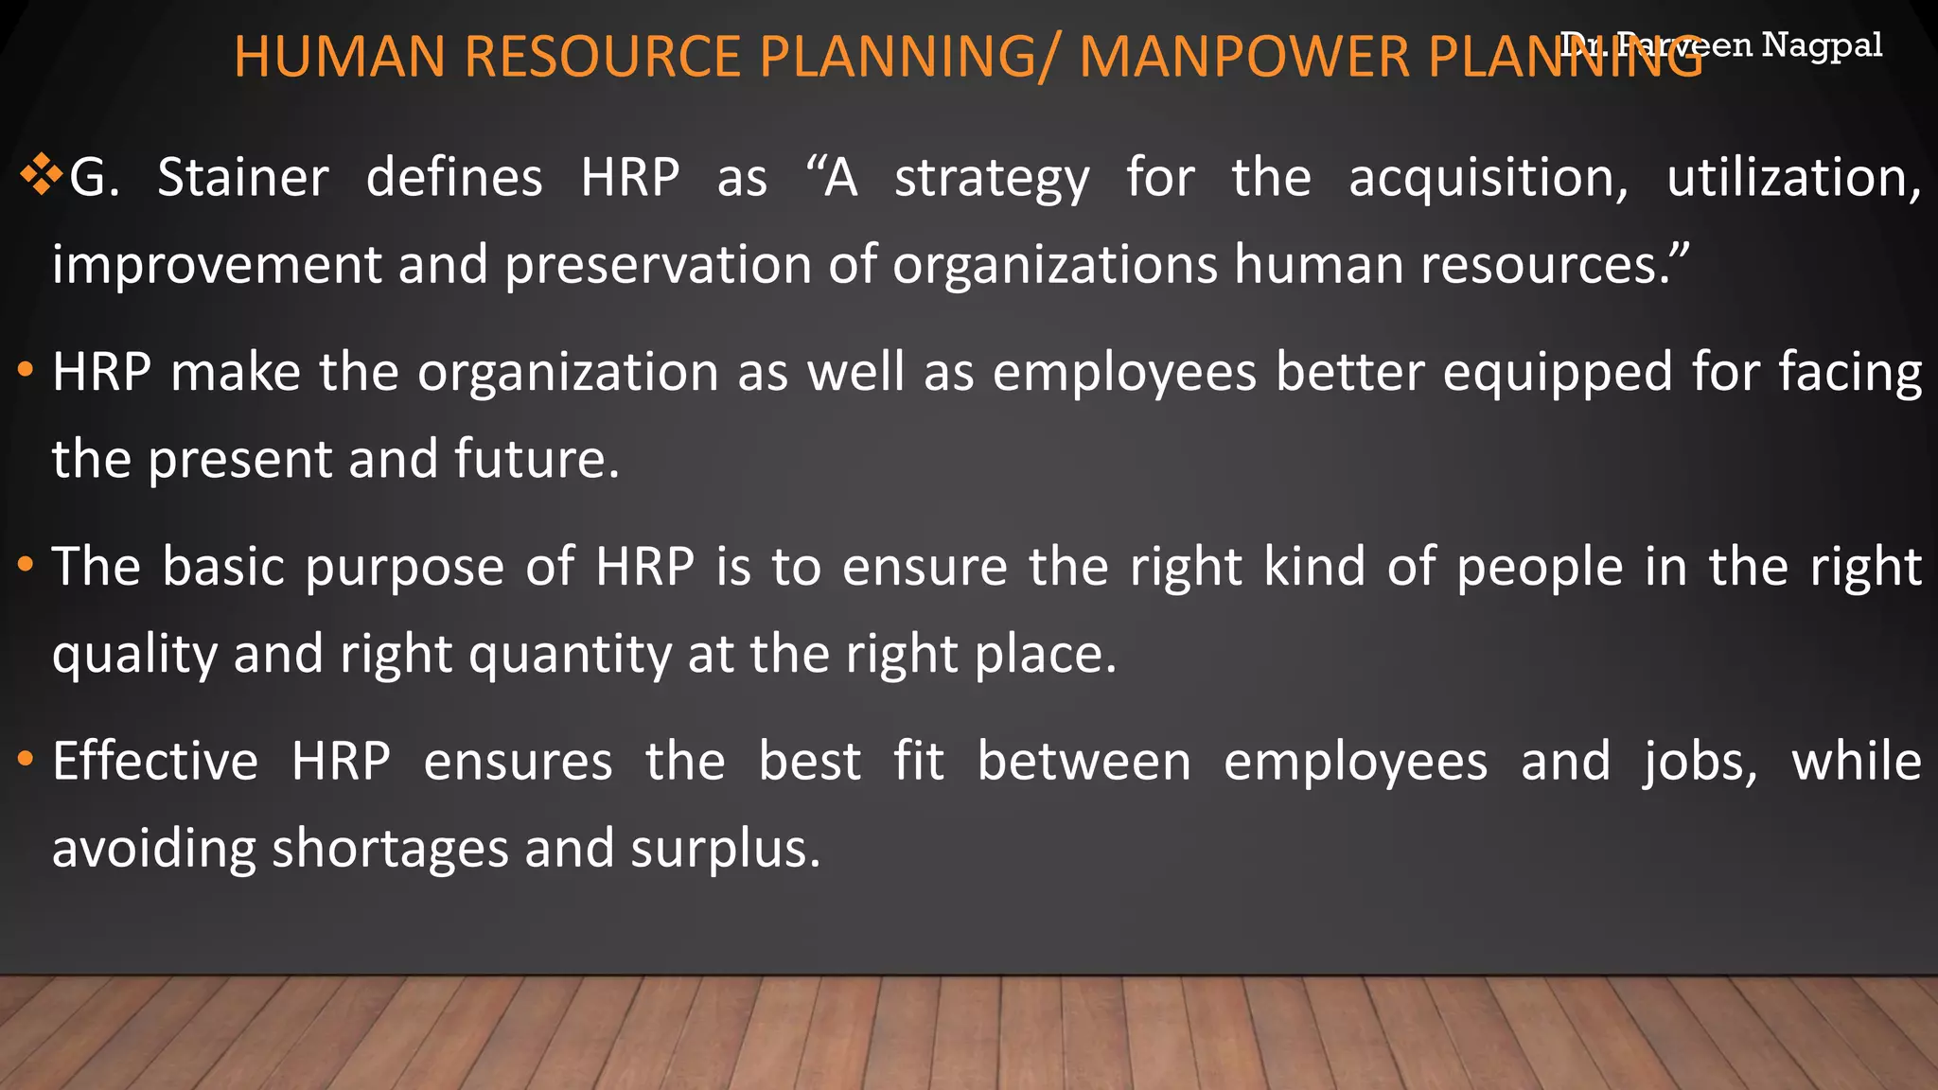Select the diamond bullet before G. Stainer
coord(40,176)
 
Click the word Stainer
coord(243,178)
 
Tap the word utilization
coord(1793,178)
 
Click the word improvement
coord(217,265)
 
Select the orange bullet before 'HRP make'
coord(26,369)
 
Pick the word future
coord(536,459)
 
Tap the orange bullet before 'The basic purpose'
coord(26,564)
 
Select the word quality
coord(134,655)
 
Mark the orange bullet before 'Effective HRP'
coord(26,759)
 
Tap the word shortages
coord(390,849)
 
